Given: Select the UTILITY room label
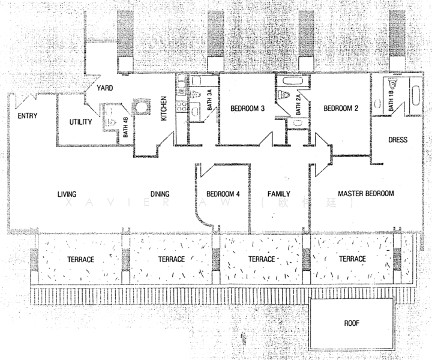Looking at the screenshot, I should click(x=80, y=122).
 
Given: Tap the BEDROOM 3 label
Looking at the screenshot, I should click(x=248, y=109).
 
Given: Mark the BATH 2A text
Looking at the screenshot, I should click(x=298, y=106).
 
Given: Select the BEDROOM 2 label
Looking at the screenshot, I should click(x=341, y=109).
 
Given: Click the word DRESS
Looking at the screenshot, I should click(x=398, y=140).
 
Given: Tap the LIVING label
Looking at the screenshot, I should click(x=70, y=194).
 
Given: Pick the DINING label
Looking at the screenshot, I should click(x=160, y=194).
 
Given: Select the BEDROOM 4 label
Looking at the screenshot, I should click(x=223, y=194).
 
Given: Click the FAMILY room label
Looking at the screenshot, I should click(x=279, y=194).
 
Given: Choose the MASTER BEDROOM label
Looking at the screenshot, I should click(x=365, y=194).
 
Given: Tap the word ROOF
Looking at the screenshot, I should click(x=352, y=323).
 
